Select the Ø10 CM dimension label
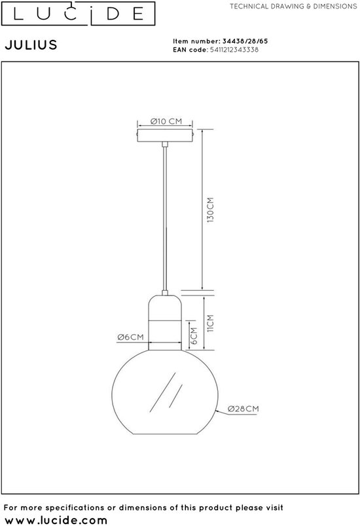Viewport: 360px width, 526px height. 166,121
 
